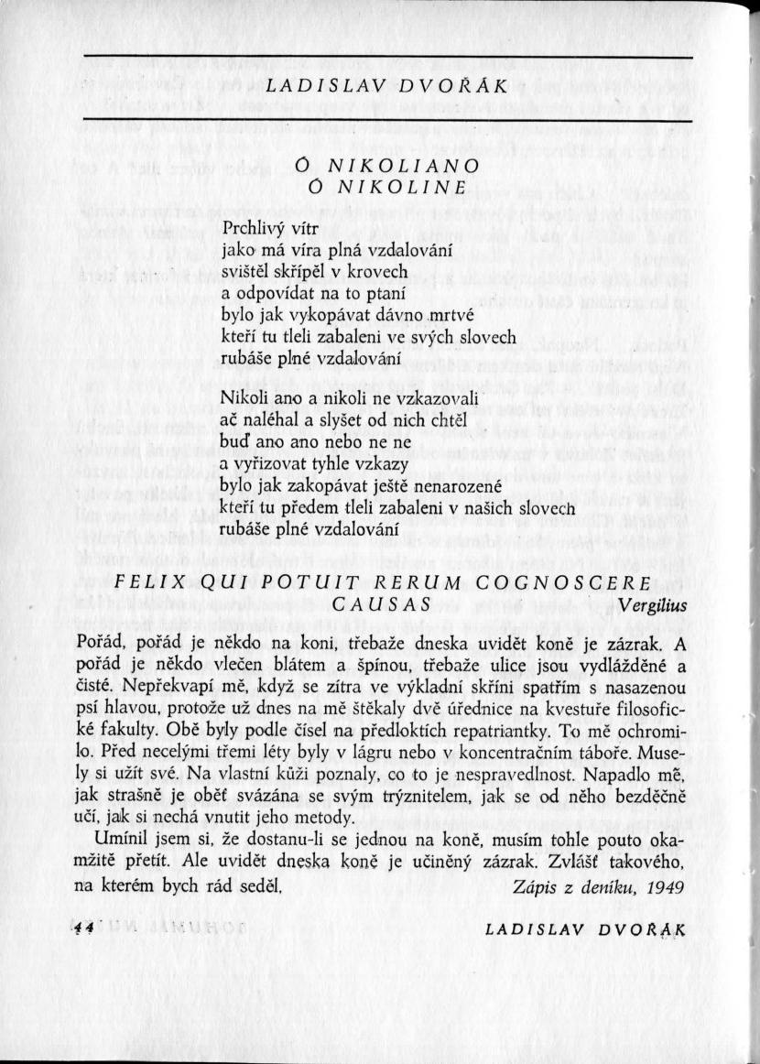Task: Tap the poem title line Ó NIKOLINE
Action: click(389, 188)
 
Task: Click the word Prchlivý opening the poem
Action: click(253, 226)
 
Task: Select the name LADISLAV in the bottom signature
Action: click(528, 928)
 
